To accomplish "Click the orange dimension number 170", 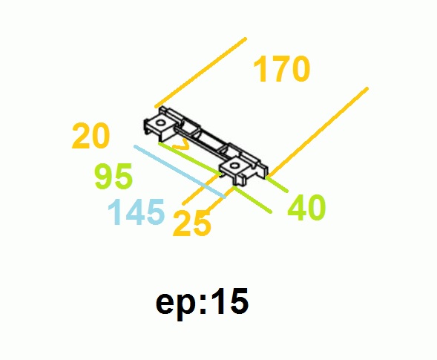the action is [x=281, y=69].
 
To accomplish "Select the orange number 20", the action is [x=91, y=136].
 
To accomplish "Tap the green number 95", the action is [x=114, y=177].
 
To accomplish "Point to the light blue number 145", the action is [x=136, y=212].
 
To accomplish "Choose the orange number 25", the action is [x=191, y=223].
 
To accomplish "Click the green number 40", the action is [x=306, y=207].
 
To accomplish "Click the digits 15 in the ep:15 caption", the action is [x=230, y=301].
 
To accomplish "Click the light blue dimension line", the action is [x=180, y=171].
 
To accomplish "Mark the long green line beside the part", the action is [x=190, y=160].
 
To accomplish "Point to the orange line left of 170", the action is [x=200, y=73].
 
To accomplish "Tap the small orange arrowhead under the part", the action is [x=181, y=145].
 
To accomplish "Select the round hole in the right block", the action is [x=234, y=166].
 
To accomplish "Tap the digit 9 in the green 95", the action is [x=104, y=177].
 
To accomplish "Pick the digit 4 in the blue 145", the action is [x=135, y=212].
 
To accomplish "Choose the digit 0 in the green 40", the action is [x=316, y=208].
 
